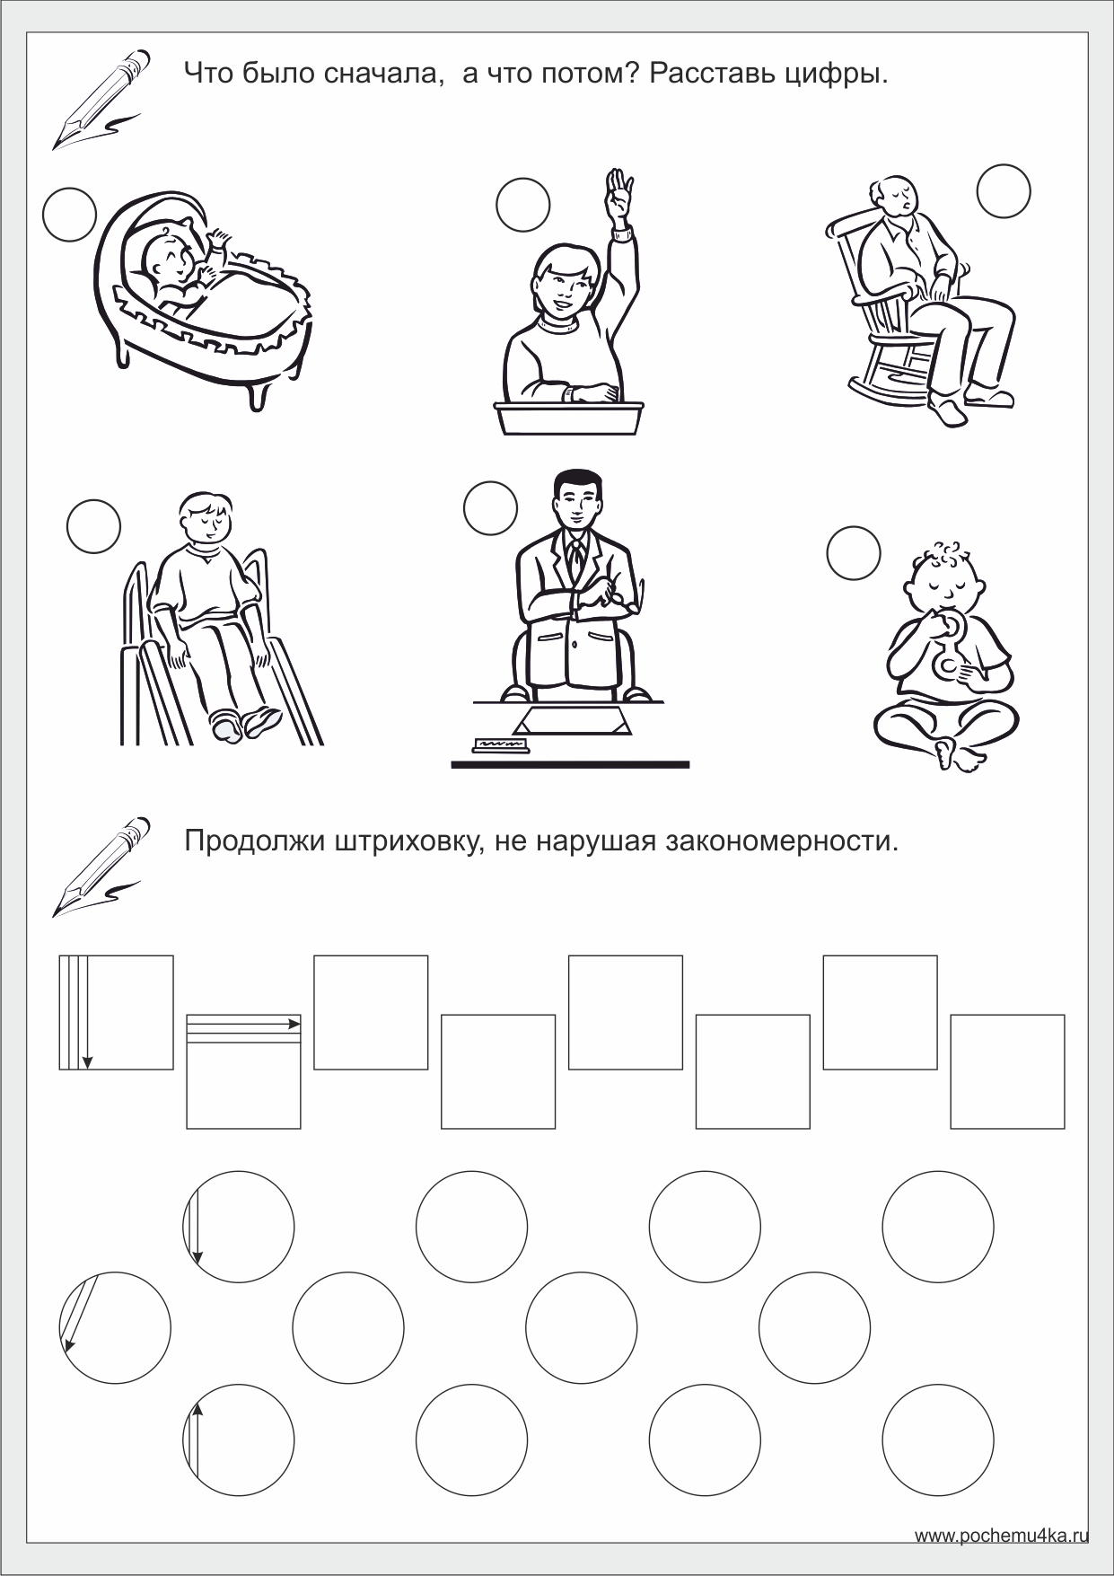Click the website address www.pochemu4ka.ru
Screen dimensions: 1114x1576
pos(1001,1536)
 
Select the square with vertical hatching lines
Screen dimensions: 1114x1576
pos(116,1013)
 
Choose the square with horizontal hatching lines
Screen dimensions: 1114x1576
pos(243,1071)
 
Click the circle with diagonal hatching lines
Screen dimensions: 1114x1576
pos(115,1327)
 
